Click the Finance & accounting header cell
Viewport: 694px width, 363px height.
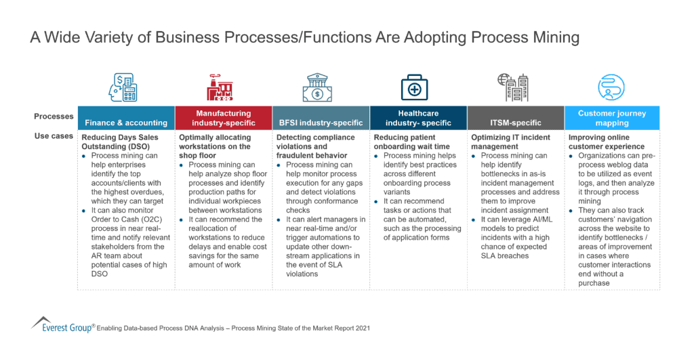coord(126,118)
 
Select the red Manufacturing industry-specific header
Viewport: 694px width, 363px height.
coord(224,118)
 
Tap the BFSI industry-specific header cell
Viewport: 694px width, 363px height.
coord(321,118)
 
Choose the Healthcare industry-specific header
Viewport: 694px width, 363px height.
coord(418,118)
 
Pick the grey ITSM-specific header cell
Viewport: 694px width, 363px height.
coord(516,118)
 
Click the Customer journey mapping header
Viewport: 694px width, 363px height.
coord(612,118)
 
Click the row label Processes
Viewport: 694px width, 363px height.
coord(54,116)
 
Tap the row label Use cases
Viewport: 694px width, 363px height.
coord(54,136)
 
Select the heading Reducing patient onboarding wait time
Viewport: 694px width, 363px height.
coord(411,142)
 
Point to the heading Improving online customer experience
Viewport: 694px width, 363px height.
coord(607,142)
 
